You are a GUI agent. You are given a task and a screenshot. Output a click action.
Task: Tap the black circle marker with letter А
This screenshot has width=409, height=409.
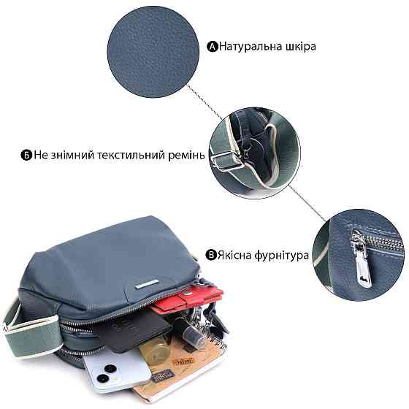213,47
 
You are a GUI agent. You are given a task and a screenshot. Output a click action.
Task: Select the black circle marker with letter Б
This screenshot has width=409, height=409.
26,156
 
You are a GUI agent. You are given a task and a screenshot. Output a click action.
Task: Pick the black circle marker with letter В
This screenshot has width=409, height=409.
210,256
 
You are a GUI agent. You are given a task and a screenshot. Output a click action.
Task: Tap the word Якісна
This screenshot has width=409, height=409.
234,256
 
